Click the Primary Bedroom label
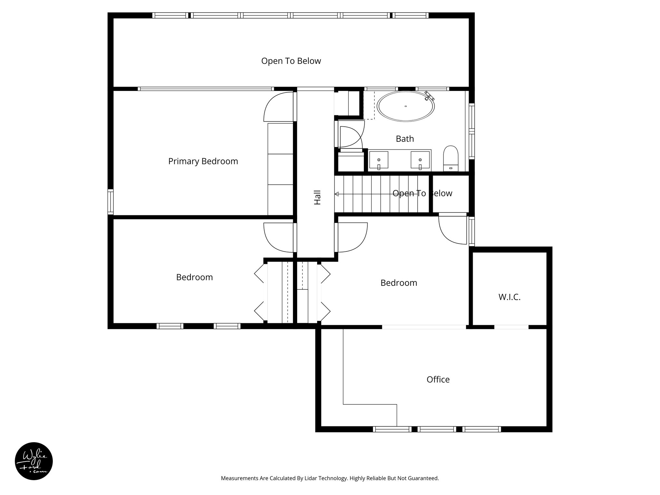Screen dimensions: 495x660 tap(203, 161)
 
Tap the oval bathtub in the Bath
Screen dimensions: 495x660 tap(406, 107)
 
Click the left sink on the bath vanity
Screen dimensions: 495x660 tap(379, 160)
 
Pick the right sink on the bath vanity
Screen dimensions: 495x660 tap(420, 160)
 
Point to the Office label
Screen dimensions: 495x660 tap(438, 379)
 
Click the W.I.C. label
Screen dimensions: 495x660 tap(510, 297)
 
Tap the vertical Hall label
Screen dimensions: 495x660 tap(317, 198)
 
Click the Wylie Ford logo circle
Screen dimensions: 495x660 tap(34, 461)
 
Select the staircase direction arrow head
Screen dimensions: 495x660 tap(337, 194)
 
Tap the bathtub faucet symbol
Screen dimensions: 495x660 tap(430, 95)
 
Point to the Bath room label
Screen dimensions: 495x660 tap(405, 139)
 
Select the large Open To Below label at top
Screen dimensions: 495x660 tap(291, 61)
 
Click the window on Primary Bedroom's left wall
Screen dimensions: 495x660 tap(110, 202)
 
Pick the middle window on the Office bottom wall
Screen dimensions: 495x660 tap(437, 429)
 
